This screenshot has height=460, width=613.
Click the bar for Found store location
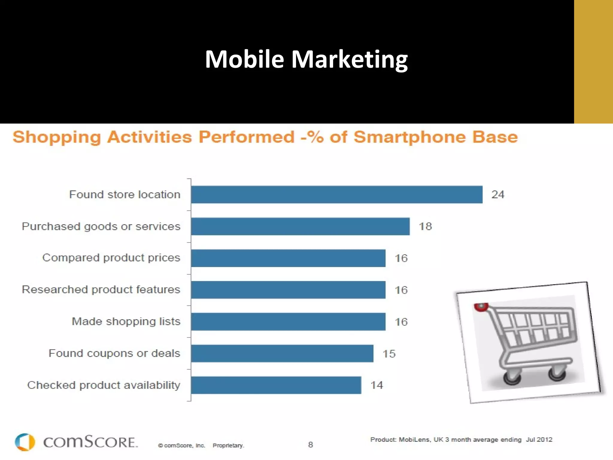[337, 195]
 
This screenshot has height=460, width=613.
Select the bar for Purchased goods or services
[300, 226]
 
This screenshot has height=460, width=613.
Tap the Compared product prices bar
[288, 258]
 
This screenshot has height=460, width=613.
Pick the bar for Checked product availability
[276, 385]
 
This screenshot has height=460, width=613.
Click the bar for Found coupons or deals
[282, 353]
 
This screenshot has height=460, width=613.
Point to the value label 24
[498, 195]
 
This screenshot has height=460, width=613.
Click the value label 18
[425, 226]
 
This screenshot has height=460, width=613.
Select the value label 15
[389, 354]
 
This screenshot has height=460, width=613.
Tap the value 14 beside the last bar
[377, 385]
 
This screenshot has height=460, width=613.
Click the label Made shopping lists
[126, 321]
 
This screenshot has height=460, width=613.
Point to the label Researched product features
[101, 290]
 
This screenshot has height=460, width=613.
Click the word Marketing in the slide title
[349, 59]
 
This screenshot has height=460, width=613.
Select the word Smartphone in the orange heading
[409, 137]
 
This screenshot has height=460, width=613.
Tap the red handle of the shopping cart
[481, 307]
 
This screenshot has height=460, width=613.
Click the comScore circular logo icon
[25, 442]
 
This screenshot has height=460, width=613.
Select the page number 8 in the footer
[310, 445]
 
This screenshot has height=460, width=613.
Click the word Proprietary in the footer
[228, 446]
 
